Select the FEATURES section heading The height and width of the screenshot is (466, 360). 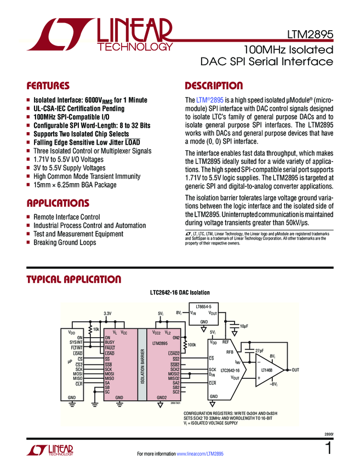pyautogui.click(x=48, y=86)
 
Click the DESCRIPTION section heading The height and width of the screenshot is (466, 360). pyautogui.click(x=214, y=86)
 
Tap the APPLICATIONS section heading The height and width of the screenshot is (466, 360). pyautogui.click(x=58, y=203)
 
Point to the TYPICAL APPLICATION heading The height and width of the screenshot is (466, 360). pyautogui.click(x=74, y=280)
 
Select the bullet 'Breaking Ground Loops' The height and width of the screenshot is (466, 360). pyautogui.click(x=66, y=242)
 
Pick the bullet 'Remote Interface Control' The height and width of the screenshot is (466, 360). pyautogui.click(x=67, y=217)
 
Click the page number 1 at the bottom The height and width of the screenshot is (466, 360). pyautogui.click(x=328, y=450)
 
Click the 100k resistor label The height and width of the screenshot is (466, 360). pyautogui.click(x=192, y=345)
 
